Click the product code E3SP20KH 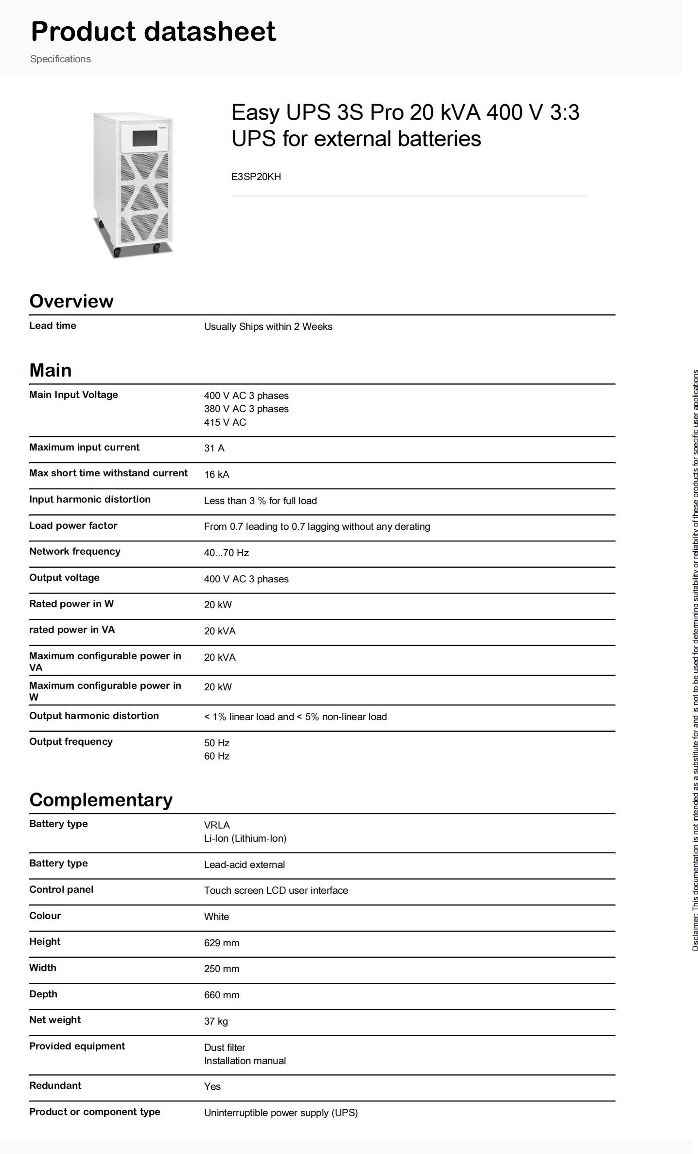[x=256, y=177]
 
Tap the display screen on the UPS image [x=145, y=138]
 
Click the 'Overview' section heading [x=71, y=301]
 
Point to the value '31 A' [x=214, y=448]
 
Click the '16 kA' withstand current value [x=217, y=474]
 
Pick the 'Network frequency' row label [x=75, y=551]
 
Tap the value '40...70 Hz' [x=227, y=553]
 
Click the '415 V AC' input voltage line [x=225, y=422]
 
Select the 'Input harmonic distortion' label [x=90, y=499]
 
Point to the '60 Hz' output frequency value [x=217, y=756]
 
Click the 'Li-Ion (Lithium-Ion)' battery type [x=245, y=838]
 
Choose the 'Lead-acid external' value [x=244, y=865]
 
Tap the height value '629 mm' [x=222, y=943]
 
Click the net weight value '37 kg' [x=216, y=1021]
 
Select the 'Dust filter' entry [x=225, y=1047]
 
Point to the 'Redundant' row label [x=55, y=1085]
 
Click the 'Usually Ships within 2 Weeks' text [x=268, y=326]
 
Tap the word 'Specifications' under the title [x=61, y=59]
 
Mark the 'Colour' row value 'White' [x=217, y=917]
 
